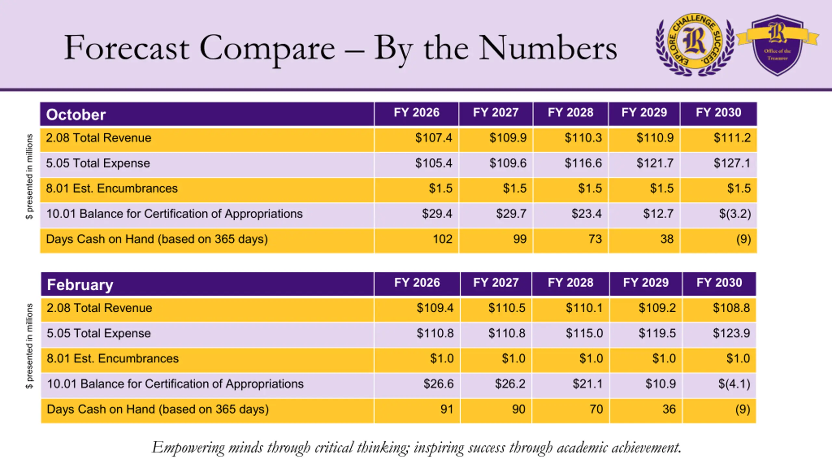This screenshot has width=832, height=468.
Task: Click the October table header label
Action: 76,115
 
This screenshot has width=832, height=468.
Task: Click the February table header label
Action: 80,285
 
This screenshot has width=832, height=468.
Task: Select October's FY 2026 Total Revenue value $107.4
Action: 434,138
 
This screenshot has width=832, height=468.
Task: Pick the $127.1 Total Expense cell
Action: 732,163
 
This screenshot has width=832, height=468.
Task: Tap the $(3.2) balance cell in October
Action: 735,214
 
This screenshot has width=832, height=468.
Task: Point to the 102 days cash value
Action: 442,239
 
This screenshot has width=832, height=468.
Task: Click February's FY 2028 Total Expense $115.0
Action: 584,333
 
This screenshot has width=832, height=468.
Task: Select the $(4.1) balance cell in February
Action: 734,384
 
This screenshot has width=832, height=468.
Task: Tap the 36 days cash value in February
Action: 669,409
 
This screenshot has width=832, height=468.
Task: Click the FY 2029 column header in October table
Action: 644,112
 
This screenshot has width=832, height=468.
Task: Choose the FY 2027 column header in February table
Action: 496,283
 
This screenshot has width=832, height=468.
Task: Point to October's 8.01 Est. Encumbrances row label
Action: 112,188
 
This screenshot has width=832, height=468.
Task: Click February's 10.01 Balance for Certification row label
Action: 175,384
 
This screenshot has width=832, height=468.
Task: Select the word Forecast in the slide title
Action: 126,48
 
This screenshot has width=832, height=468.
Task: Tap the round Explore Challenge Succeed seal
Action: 695,45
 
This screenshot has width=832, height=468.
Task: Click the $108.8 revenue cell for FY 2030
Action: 731,308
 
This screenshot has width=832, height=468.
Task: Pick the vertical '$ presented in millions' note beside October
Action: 29,177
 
